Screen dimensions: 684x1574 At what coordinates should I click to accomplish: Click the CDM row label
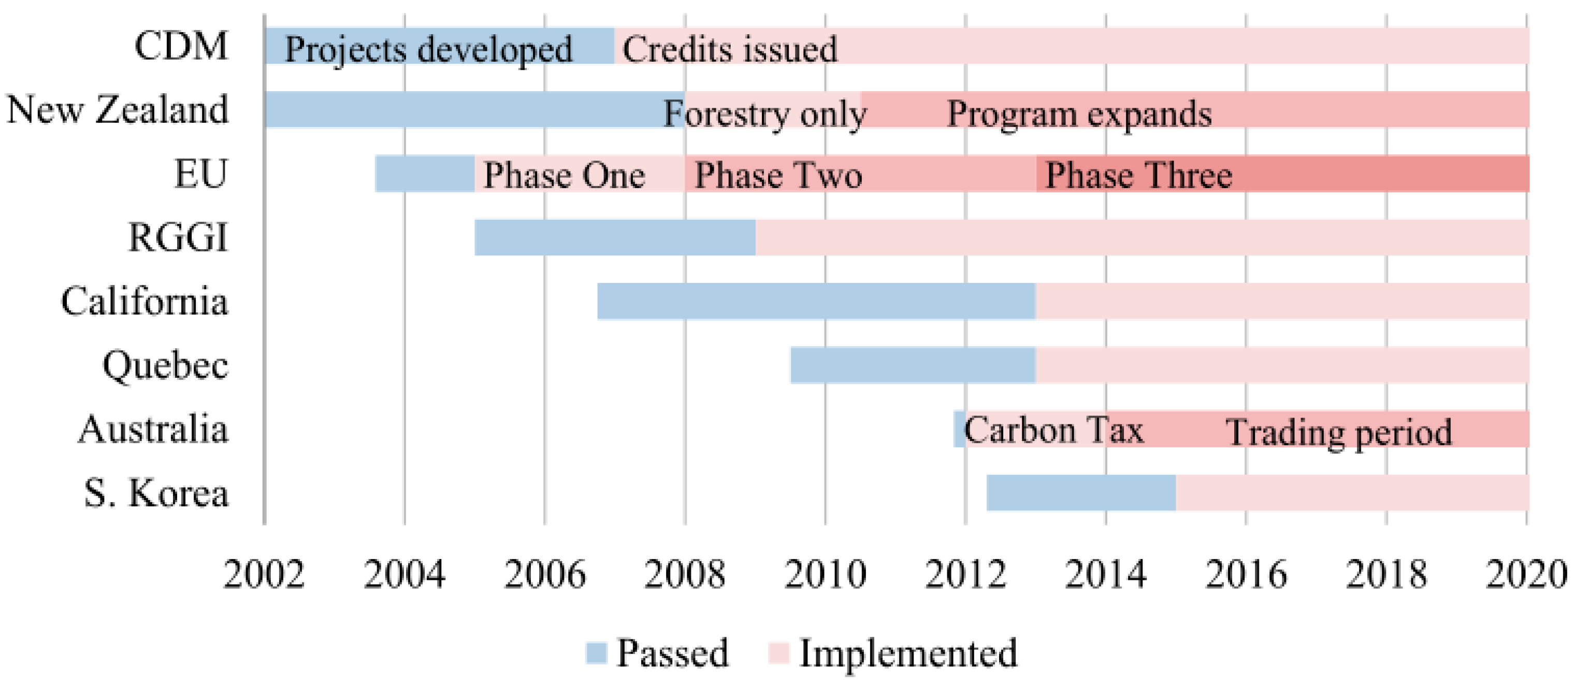pos(181,46)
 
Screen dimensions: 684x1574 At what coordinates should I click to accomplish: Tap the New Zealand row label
pos(118,110)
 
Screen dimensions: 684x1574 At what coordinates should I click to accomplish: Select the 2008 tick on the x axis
pos(684,575)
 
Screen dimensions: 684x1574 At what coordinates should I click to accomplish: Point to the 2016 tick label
pos(1245,575)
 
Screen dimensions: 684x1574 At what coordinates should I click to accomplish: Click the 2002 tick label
pos(264,575)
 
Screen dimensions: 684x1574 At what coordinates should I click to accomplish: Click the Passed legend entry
pos(657,653)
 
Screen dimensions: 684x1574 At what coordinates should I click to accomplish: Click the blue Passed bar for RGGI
pos(615,237)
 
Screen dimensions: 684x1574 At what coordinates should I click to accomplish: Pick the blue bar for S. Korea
pos(1080,493)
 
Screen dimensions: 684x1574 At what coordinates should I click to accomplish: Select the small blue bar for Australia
pos(959,429)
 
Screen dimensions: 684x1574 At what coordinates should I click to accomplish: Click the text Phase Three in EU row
pos(1138,176)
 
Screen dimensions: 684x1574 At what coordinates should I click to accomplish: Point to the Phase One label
pos(564,176)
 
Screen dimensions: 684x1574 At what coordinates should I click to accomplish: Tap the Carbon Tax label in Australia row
pos(1053,430)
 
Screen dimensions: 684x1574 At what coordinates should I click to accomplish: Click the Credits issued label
pos(730,49)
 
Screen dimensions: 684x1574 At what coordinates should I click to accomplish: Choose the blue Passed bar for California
pos(816,302)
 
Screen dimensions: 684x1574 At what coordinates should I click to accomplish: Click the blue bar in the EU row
pos(425,174)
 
